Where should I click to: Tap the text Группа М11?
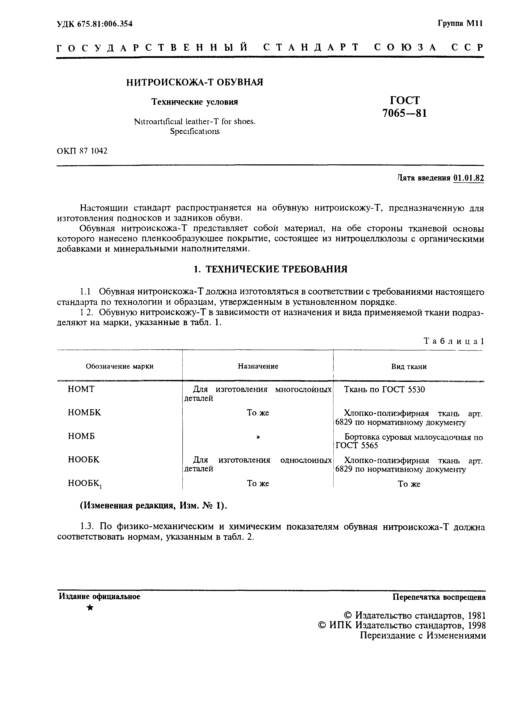click(x=460, y=24)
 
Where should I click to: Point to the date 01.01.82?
click(x=468, y=178)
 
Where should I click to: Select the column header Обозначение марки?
click(x=120, y=366)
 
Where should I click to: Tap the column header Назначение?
click(x=258, y=366)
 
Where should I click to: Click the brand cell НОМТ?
click(x=81, y=389)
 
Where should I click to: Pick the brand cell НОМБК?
click(x=84, y=413)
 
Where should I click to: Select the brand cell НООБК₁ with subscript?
click(x=85, y=484)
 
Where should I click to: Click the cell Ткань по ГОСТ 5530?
click(x=384, y=390)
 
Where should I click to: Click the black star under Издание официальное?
click(x=90, y=607)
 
